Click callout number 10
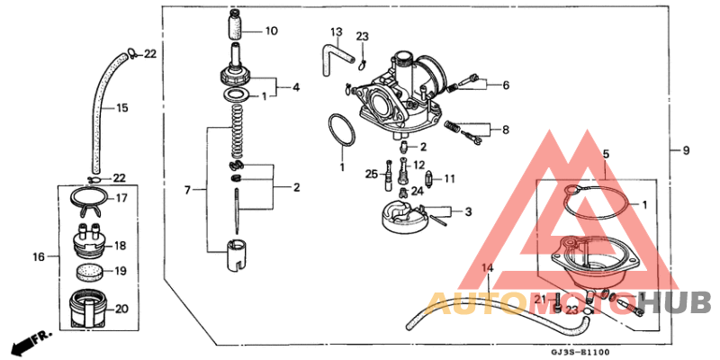click(x=271, y=31)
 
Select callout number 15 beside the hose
click(x=121, y=108)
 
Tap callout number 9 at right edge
click(x=686, y=150)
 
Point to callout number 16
click(x=39, y=257)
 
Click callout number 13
click(x=335, y=32)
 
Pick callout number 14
click(x=487, y=269)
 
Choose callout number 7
click(x=188, y=191)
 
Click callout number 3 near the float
click(x=467, y=212)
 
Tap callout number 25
click(x=371, y=174)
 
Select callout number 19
click(x=121, y=271)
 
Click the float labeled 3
click(x=405, y=219)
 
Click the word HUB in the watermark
click(x=682, y=303)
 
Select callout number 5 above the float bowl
click(x=606, y=154)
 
